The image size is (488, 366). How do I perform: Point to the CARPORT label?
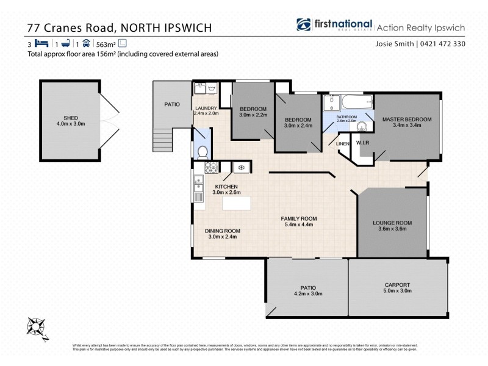click(x=397, y=285)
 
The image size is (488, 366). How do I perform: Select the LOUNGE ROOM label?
click(x=393, y=223)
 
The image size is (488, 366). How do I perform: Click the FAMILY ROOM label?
click(x=298, y=218)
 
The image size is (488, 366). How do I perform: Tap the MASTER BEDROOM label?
click(x=407, y=119)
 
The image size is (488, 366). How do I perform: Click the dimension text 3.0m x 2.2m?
click(x=253, y=115)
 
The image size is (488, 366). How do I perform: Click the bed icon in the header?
click(x=41, y=43)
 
